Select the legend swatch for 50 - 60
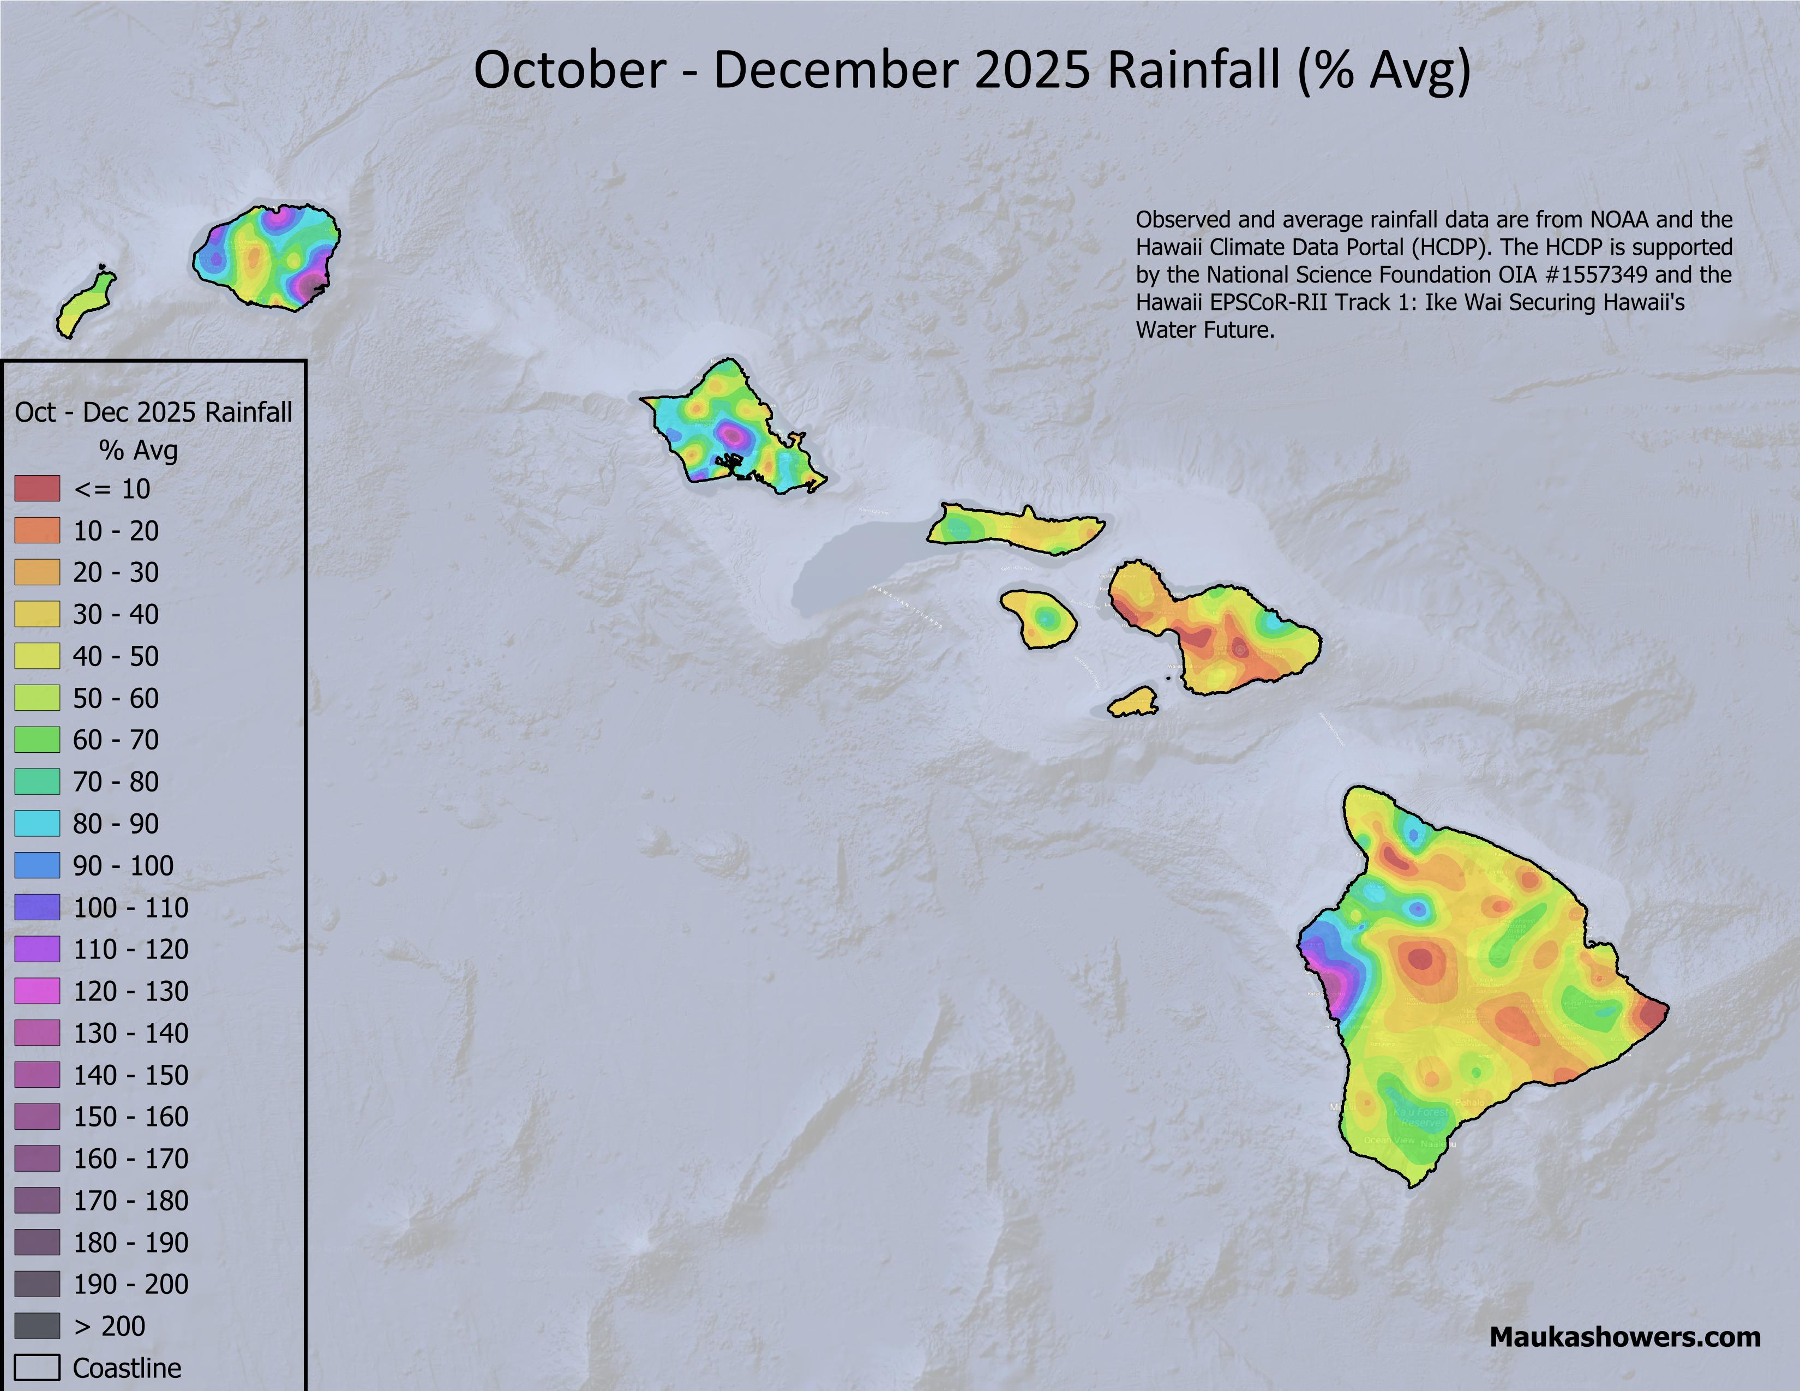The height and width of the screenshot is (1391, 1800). click(37, 698)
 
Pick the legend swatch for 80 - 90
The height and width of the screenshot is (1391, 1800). click(37, 823)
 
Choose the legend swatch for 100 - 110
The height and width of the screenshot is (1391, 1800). click(37, 907)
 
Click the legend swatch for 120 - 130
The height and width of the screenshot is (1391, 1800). click(37, 991)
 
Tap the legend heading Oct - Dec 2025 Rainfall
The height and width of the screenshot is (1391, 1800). click(153, 412)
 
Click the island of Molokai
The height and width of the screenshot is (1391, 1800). click(1015, 530)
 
